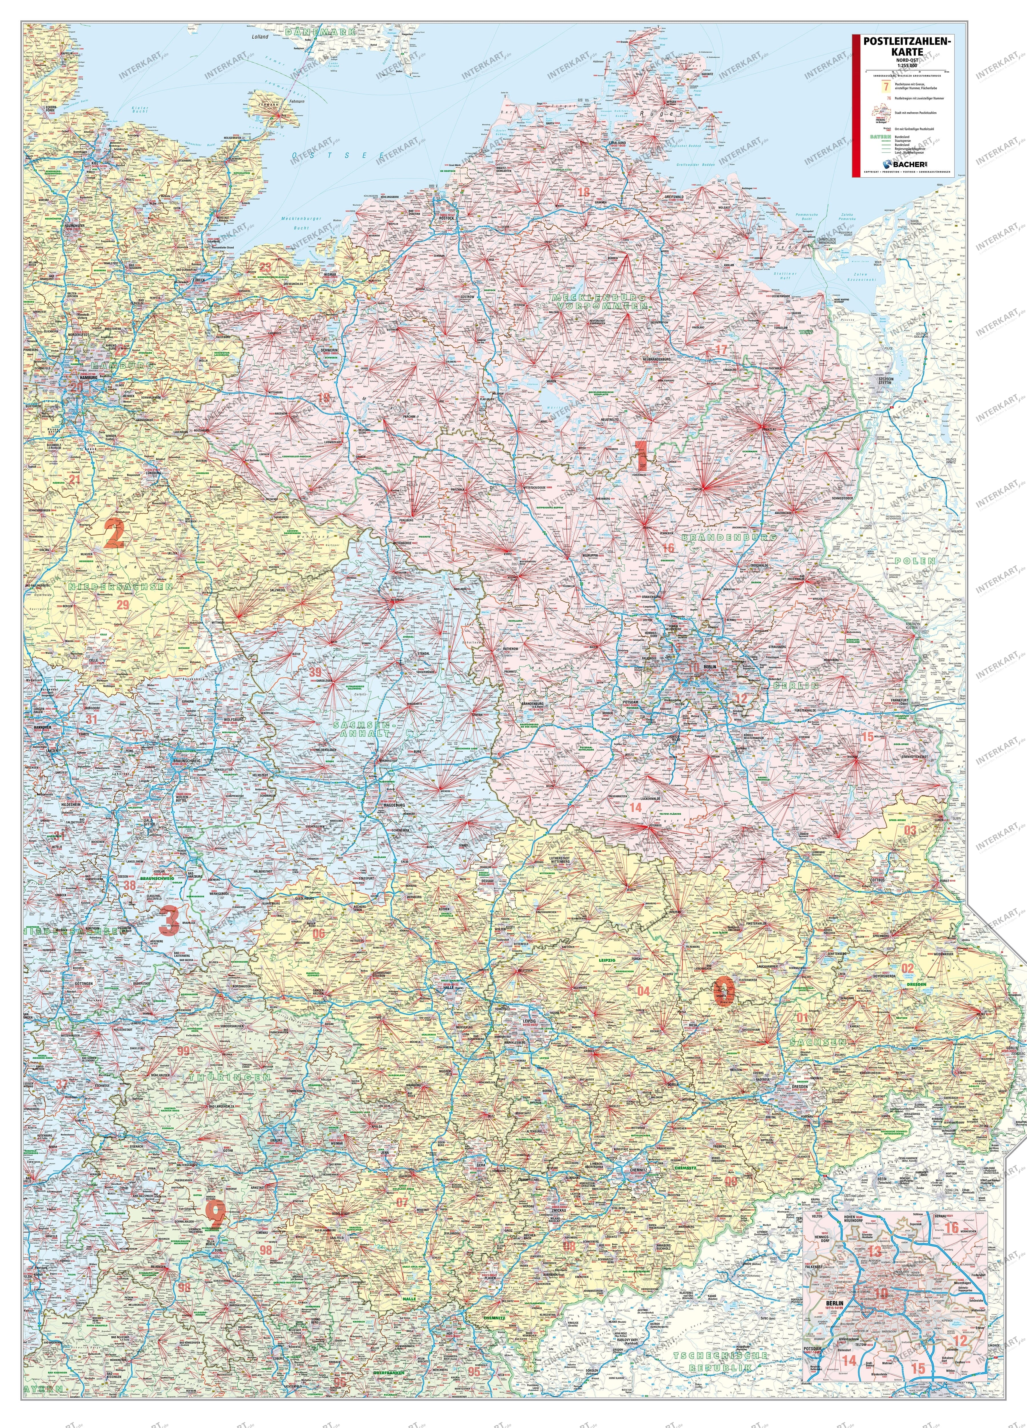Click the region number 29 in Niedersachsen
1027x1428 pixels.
point(123,604)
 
